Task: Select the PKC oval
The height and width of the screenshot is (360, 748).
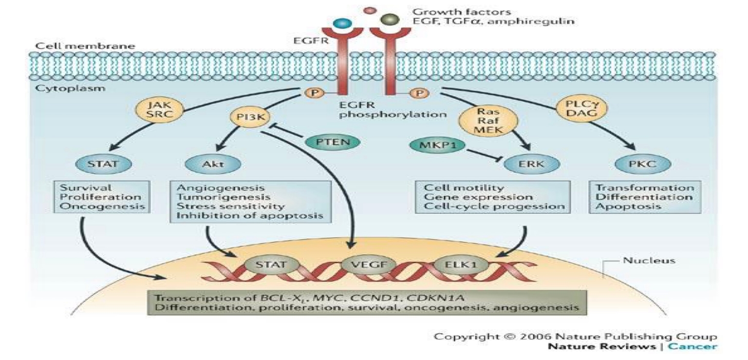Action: click(639, 164)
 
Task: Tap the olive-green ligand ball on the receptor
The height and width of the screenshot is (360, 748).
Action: click(390, 19)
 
